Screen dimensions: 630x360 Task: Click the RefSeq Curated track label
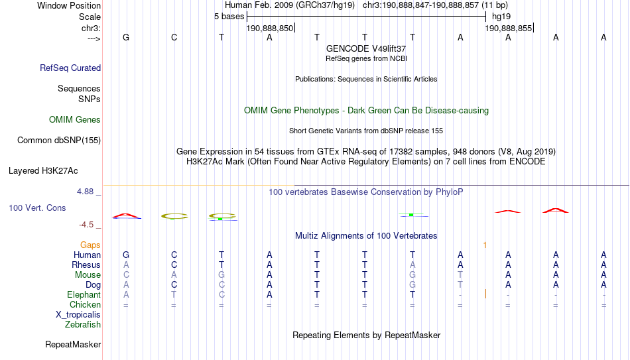[x=70, y=68]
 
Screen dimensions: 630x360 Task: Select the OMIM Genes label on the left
[x=75, y=120]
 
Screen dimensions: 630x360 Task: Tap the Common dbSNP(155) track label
[x=59, y=141]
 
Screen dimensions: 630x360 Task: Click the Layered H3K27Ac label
[x=43, y=171]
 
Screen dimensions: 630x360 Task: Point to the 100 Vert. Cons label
[x=37, y=208]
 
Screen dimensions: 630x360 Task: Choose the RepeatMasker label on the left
[x=73, y=344]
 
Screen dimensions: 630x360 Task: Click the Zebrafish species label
[x=83, y=324]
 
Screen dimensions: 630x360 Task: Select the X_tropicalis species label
[x=78, y=315]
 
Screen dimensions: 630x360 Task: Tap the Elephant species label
[x=84, y=294]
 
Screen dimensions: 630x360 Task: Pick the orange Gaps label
[x=90, y=245]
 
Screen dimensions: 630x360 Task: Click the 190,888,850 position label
[x=270, y=29]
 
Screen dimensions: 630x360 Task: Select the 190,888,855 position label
[x=508, y=29]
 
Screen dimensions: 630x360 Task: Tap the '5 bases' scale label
[x=229, y=17]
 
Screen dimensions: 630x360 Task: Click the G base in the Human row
[x=126, y=255]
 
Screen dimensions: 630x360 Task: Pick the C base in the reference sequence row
[x=174, y=37]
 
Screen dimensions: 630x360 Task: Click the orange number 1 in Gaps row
[x=485, y=245]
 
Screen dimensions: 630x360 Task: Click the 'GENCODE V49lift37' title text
[x=366, y=48]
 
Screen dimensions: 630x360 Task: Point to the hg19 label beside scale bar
[x=501, y=17]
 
